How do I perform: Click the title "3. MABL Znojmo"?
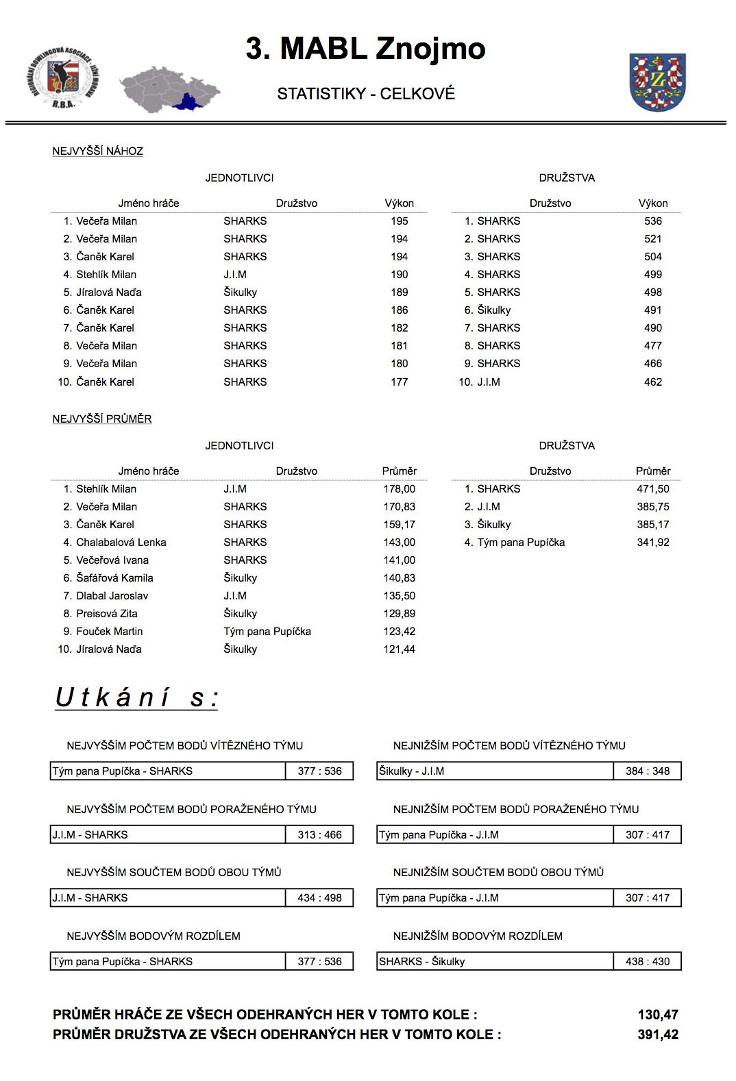tap(365, 49)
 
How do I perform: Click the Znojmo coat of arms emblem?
tap(657, 82)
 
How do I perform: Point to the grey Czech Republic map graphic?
tap(169, 90)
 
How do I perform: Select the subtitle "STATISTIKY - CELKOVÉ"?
tap(366, 94)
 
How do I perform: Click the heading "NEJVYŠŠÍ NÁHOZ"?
tap(97, 151)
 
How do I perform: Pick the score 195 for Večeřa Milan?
tap(399, 221)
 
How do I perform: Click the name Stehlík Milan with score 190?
tap(106, 275)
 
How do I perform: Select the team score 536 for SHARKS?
tap(652, 221)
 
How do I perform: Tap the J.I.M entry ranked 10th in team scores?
tap(488, 382)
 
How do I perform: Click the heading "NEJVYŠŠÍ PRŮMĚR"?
tap(102, 419)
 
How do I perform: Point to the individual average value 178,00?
tap(399, 489)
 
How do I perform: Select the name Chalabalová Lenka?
tap(121, 543)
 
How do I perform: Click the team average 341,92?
tap(652, 543)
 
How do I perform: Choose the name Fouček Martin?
tap(109, 632)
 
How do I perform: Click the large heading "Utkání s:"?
tap(136, 697)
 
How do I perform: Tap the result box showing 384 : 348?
tap(647, 771)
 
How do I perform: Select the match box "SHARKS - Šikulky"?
tap(495, 962)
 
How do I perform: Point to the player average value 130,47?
tap(657, 1015)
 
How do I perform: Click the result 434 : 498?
tap(319, 898)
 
